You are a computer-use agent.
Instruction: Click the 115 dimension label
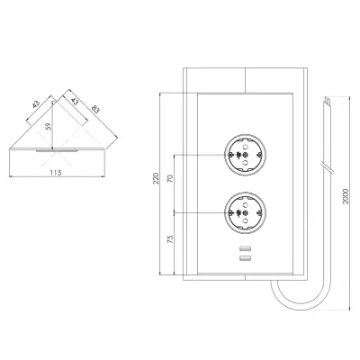tap(56, 173)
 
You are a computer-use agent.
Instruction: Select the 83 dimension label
tap(94, 109)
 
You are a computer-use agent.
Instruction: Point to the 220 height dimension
tap(156, 178)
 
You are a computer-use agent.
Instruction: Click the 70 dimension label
tap(170, 179)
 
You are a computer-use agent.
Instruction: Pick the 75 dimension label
tap(170, 239)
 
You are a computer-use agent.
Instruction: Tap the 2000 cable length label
tap(346, 196)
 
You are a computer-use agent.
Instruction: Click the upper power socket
tap(245, 155)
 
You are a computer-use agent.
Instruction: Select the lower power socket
tap(245, 213)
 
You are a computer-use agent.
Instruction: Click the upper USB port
tap(245, 248)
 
